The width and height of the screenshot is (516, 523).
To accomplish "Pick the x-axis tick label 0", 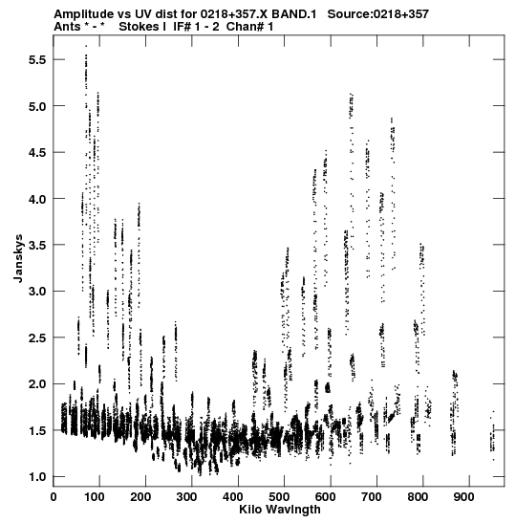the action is point(54,497).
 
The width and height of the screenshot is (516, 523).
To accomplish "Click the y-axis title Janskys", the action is point(18,258).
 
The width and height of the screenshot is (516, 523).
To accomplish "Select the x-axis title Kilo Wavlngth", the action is point(280,510).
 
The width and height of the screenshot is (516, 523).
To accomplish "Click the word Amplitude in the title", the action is point(83,14).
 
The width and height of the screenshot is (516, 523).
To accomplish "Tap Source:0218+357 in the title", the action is point(378,14).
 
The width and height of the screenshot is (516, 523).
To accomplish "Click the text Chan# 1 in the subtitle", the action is point(249,27).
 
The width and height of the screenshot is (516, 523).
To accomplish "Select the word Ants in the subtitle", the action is point(67,27).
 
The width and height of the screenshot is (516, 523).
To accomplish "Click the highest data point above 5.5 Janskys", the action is point(86,46).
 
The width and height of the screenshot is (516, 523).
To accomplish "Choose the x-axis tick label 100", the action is point(95,497).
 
